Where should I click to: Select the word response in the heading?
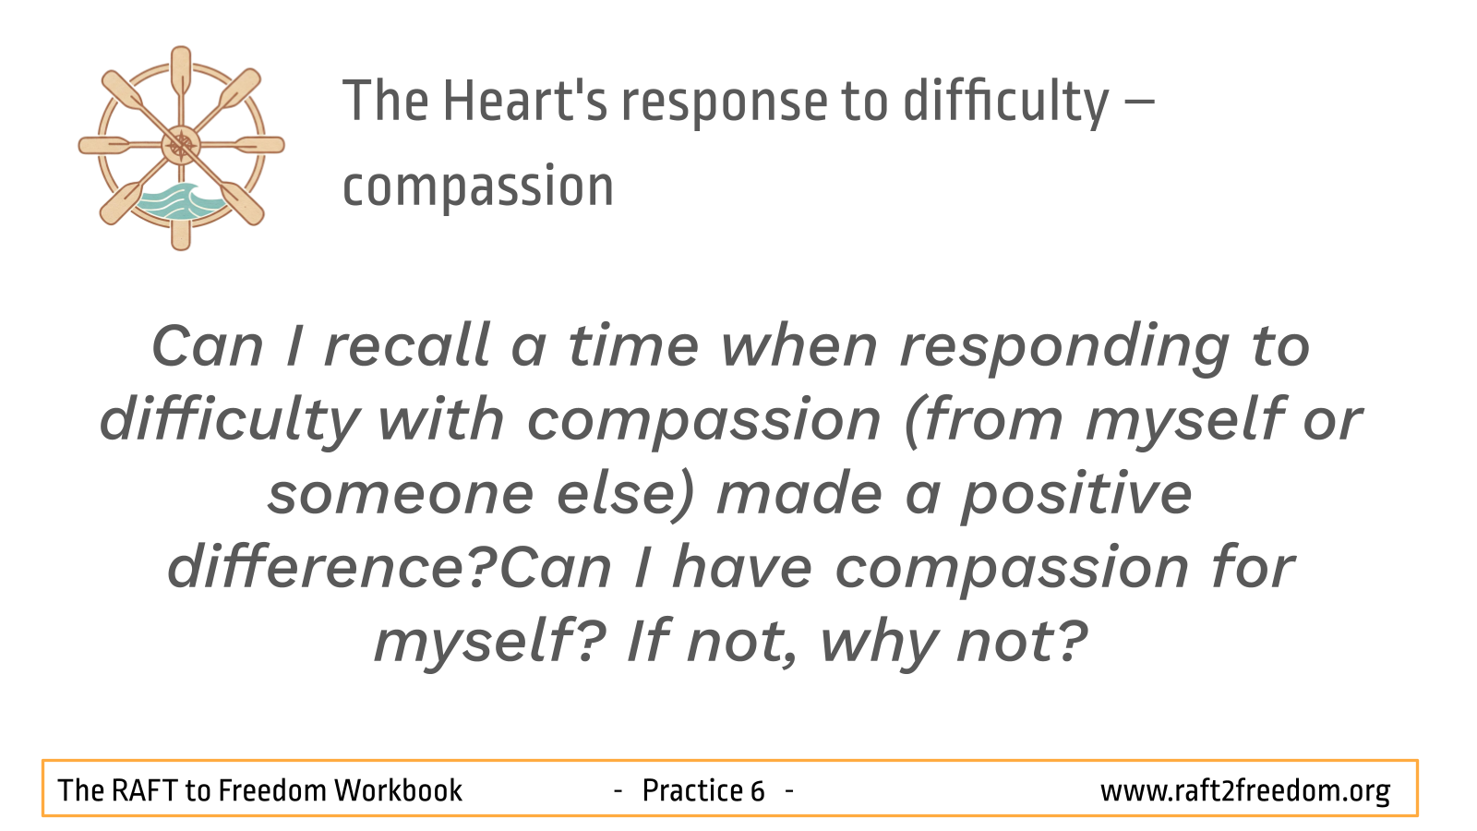click(x=724, y=105)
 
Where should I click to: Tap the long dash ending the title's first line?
click(x=1136, y=102)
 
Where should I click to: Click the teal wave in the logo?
click(x=176, y=201)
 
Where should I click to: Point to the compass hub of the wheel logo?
click(x=181, y=146)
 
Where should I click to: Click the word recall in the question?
click(x=406, y=346)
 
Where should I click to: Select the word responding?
click(x=1065, y=349)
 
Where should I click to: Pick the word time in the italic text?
click(x=633, y=346)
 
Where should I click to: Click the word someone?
click(x=401, y=496)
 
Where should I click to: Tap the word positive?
click(x=1075, y=496)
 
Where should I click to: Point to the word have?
click(x=742, y=567)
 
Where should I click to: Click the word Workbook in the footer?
click(x=398, y=790)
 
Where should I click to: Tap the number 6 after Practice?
click(x=757, y=790)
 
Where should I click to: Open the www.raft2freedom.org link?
click(x=1245, y=791)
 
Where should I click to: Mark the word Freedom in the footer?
click(x=272, y=790)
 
